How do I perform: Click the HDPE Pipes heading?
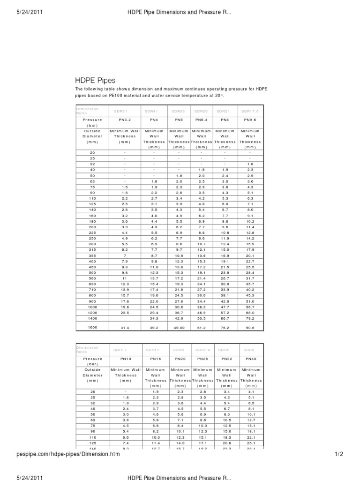pyautogui.click(x=95, y=81)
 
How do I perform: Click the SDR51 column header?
pyautogui.click(x=120, y=111)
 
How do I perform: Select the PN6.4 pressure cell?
pyautogui.click(x=202, y=120)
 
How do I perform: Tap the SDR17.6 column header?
pyautogui.click(x=250, y=111)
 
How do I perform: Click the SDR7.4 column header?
pyautogui.click(x=202, y=349)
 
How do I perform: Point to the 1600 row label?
pyautogui.click(x=92, y=328)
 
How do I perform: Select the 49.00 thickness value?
pyautogui.click(x=179, y=328)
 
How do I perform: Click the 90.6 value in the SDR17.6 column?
pyautogui.click(x=250, y=328)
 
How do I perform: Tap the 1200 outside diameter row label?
pyautogui.click(x=92, y=312)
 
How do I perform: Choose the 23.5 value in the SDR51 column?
pyautogui.click(x=125, y=312)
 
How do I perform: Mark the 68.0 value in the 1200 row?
pyautogui.click(x=250, y=312)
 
